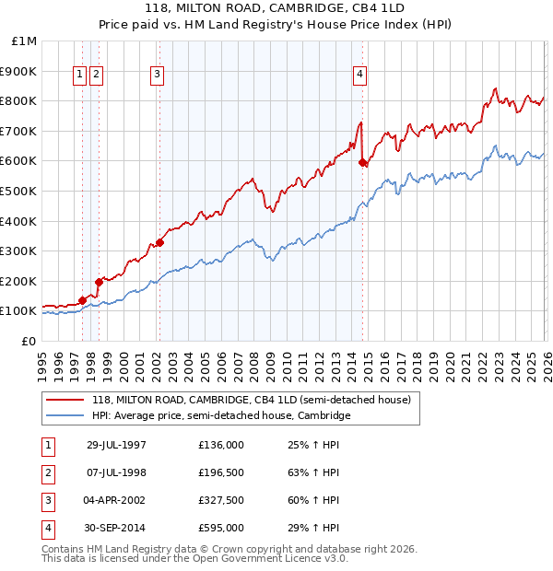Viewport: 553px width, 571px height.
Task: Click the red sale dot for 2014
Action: click(x=362, y=163)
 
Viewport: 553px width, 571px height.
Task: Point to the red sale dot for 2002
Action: click(x=159, y=243)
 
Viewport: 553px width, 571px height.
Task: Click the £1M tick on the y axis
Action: click(x=25, y=41)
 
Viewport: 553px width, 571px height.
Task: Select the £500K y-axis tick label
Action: click(x=20, y=191)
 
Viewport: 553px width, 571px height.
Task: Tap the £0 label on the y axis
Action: click(x=29, y=341)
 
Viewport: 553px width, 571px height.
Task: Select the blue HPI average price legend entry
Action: click(x=221, y=415)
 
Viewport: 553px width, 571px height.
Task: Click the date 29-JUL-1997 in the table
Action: click(x=116, y=445)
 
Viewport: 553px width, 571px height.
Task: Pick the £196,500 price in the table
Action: click(x=221, y=472)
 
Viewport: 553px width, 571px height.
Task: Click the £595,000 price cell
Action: click(x=221, y=528)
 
